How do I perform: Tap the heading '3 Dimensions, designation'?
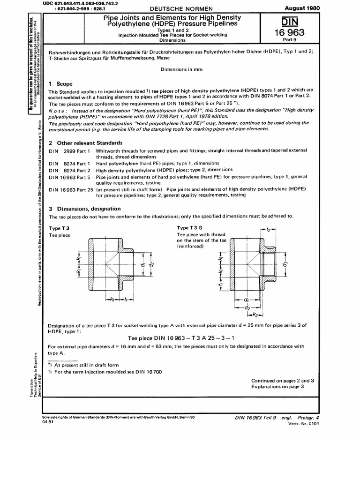tap(85, 209)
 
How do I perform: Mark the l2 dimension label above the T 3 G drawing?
tap(269, 230)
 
